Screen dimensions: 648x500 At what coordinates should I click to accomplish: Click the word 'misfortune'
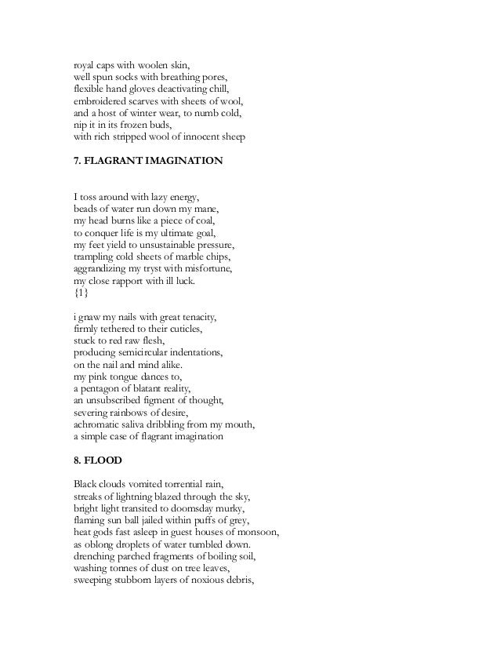212,269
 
